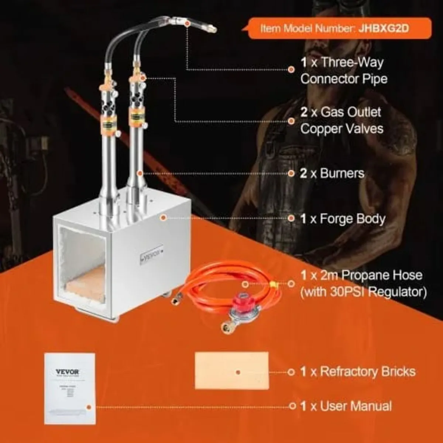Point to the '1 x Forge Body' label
coord(343,219)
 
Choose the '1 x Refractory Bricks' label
coord(358,371)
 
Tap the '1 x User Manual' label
coord(346,406)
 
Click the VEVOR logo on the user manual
coord(67,372)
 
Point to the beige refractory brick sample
coord(231,371)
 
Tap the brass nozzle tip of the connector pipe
coord(211,28)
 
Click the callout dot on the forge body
coord(163,218)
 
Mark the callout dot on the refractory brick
coord(238,372)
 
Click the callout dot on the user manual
coord(89,407)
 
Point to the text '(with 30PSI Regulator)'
coord(363,292)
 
